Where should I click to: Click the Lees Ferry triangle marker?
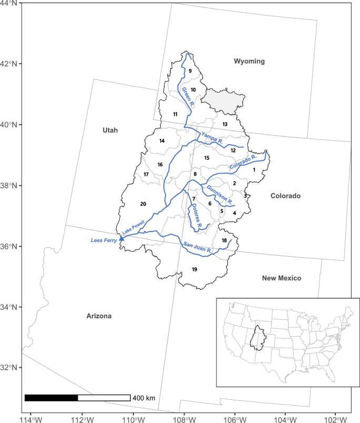pos(122,238)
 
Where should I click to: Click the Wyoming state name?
pos(249,62)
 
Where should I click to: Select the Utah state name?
pos(110,130)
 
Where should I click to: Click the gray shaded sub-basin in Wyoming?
pos(225,100)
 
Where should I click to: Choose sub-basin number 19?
pos(194,269)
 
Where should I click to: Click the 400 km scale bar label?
pos(144,398)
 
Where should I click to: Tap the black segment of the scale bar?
pos(51,398)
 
